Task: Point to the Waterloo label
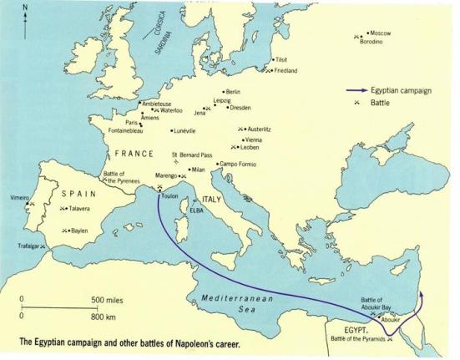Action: [172, 109]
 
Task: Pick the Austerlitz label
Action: [259, 129]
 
